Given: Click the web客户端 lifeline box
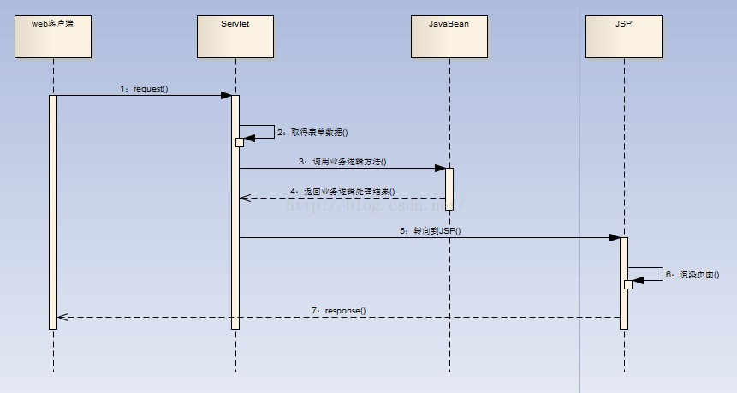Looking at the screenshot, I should pyautogui.click(x=53, y=36).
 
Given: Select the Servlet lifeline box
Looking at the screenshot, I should pyautogui.click(x=235, y=36).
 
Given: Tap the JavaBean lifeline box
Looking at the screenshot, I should pyautogui.click(x=449, y=36).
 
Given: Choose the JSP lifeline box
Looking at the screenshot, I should pyautogui.click(x=624, y=36).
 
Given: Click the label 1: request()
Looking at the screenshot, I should pyautogui.click(x=144, y=88).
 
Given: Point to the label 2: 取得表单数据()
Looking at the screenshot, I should pyautogui.click(x=312, y=133).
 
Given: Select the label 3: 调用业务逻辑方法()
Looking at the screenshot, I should pyautogui.click(x=342, y=161).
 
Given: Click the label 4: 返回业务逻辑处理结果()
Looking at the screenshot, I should pyautogui.click(x=343, y=191).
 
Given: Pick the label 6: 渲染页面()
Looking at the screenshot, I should pyautogui.click(x=698, y=275).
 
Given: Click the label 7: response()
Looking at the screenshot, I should pyautogui.click(x=338, y=309).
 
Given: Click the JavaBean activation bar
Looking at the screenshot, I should pyautogui.click(x=449, y=188).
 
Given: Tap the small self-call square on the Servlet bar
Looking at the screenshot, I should pyautogui.click(x=240, y=142).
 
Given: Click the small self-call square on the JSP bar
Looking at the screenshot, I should pyautogui.click(x=628, y=284).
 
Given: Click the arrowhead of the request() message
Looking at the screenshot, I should pyautogui.click(x=227, y=96).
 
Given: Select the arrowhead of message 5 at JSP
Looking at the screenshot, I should pyautogui.click(x=615, y=238).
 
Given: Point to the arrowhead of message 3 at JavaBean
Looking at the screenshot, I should pyautogui.click(x=440, y=169).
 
